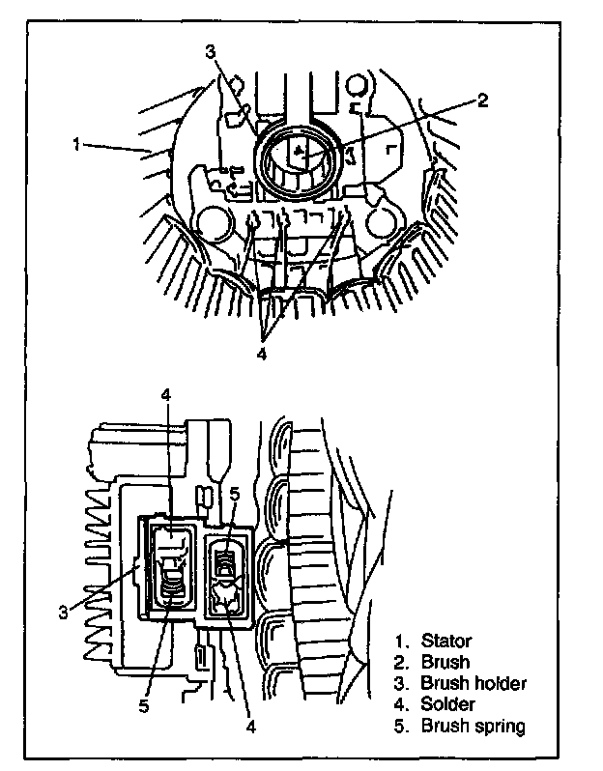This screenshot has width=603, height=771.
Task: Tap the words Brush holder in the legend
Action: [474, 684]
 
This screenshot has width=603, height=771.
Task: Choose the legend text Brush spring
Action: [473, 727]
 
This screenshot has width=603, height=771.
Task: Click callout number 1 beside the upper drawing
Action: [74, 144]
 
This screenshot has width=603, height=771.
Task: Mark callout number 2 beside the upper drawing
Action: [483, 99]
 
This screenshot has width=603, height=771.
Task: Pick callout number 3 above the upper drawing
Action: [210, 52]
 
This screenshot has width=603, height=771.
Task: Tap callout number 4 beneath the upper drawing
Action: [262, 354]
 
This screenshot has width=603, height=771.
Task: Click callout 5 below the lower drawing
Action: [142, 705]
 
